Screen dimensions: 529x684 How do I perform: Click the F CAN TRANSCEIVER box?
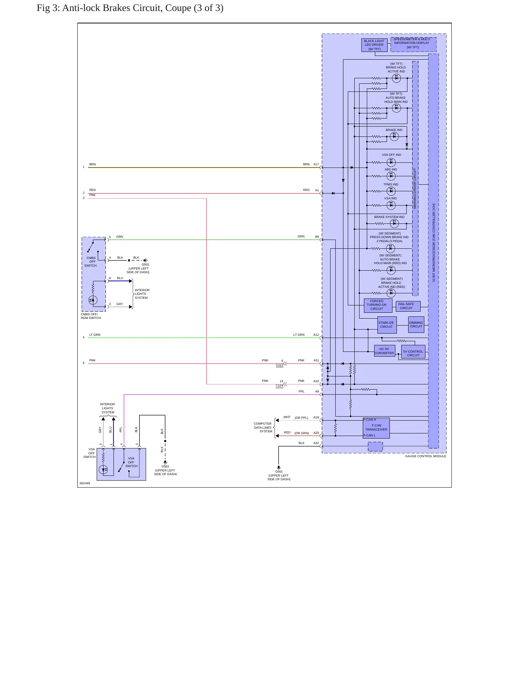coord(376,428)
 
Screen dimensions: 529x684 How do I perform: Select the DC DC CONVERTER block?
coord(384,351)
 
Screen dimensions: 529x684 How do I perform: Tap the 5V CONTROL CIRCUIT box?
coord(413,352)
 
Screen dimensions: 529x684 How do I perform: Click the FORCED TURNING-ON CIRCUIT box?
coord(377,305)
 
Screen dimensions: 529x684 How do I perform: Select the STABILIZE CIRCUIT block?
coord(387,325)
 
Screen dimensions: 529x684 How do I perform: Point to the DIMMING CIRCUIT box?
coord(416,324)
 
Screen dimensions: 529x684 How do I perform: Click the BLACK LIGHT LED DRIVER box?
coord(374,45)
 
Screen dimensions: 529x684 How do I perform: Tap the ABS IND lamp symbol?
coord(391,176)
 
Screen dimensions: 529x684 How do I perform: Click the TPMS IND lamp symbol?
coord(391,191)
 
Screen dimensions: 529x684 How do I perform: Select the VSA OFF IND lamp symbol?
coord(391,162)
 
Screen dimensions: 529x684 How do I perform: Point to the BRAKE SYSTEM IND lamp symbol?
coord(394,223)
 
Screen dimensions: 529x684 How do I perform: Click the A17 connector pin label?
coord(316,165)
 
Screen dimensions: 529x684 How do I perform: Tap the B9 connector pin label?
coord(317,237)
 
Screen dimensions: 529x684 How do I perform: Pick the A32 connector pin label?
coord(316,443)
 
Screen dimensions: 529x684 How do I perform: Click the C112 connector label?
coord(280,365)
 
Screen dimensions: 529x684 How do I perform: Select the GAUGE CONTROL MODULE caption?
coord(426,456)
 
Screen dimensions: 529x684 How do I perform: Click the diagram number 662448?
coord(85,483)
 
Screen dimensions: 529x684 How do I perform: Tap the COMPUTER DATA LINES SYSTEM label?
coord(263,428)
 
